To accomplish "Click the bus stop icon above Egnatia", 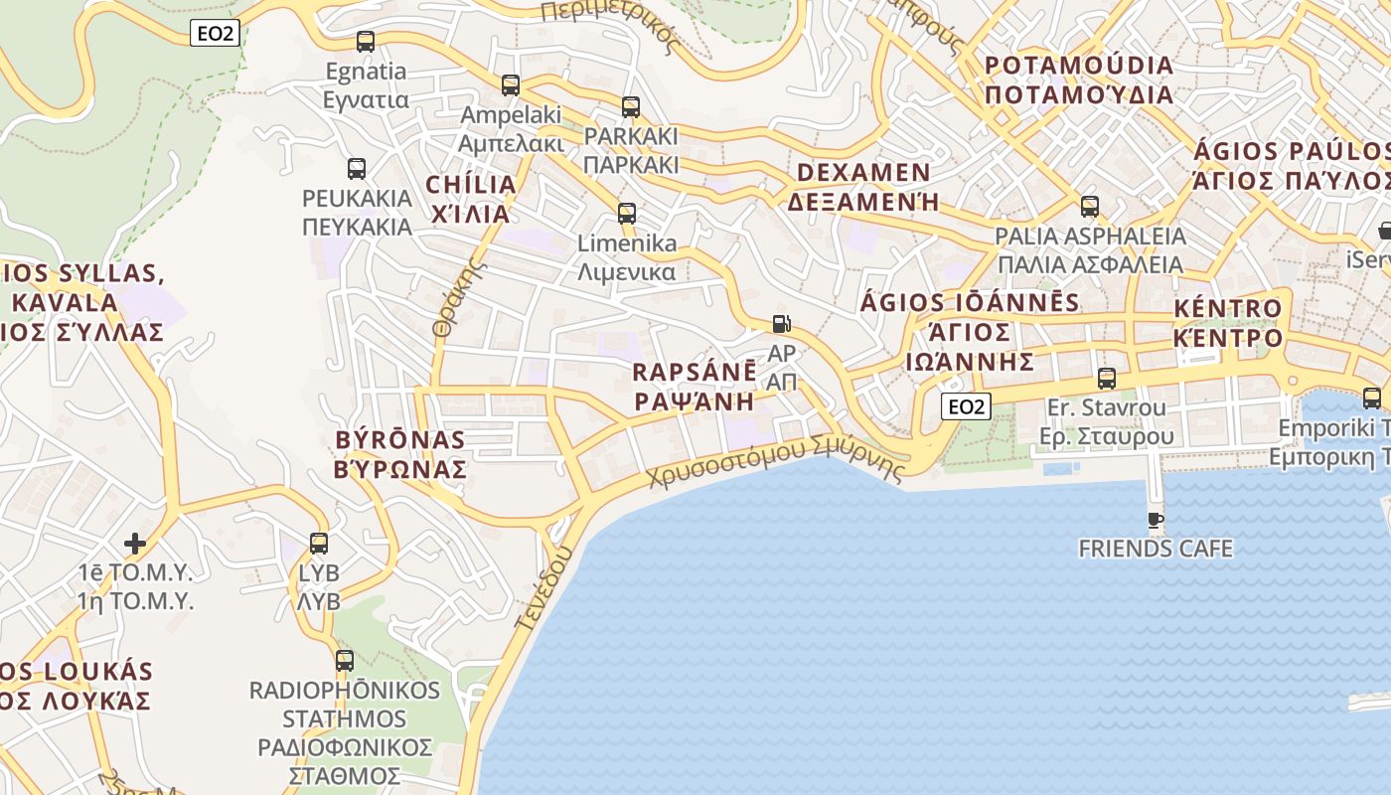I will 365,42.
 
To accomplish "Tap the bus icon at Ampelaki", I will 511,85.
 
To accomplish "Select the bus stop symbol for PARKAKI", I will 631,107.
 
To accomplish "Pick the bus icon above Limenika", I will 626,214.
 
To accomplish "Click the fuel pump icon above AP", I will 782,324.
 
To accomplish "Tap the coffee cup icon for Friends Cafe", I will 1155,520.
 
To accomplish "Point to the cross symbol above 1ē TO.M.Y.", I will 135,544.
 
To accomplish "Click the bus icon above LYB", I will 319,544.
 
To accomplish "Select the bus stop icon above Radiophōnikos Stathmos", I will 345,660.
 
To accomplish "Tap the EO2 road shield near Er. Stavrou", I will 967,405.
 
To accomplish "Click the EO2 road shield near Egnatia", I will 215,34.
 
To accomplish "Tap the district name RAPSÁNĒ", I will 695,373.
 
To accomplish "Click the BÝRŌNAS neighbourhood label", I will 400,440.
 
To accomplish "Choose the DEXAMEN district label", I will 862,173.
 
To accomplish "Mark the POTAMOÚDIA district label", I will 1078,67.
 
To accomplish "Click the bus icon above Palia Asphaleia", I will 1090,207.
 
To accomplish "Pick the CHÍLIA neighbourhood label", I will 471,185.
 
